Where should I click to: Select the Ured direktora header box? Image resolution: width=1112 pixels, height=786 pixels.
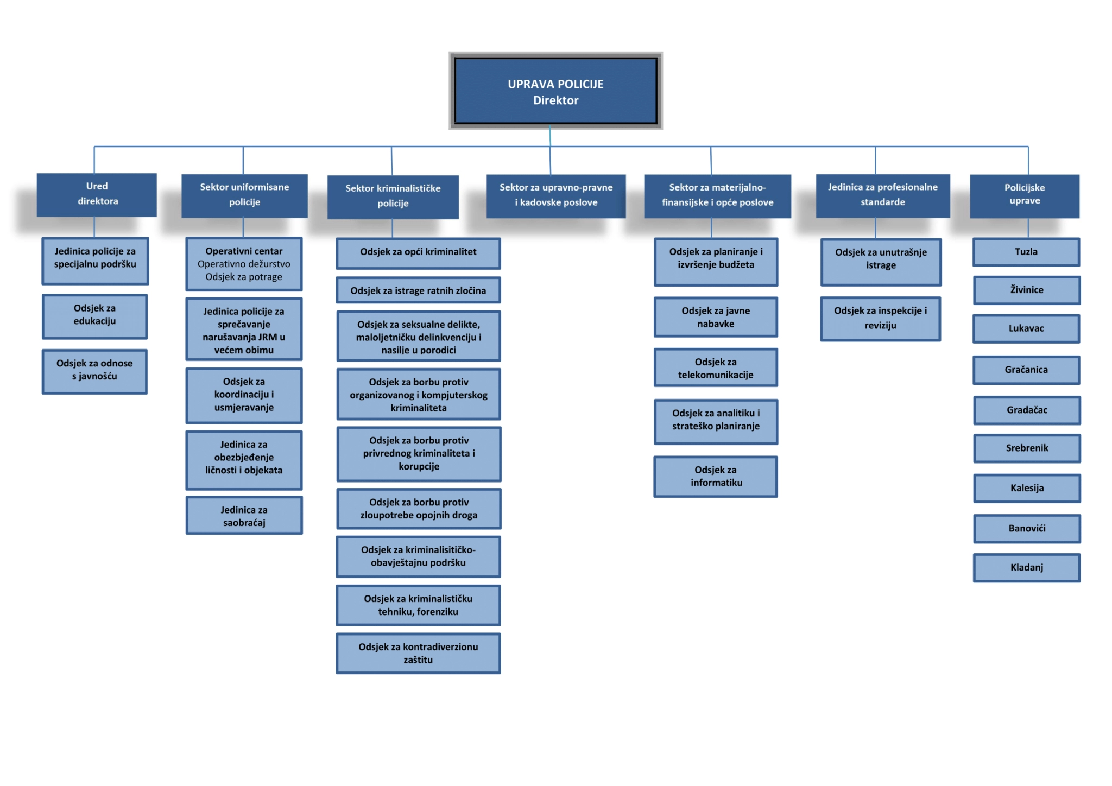click(x=97, y=194)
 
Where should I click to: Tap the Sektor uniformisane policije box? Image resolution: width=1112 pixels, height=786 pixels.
click(x=244, y=195)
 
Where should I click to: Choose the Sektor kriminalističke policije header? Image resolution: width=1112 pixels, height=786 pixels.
click(x=393, y=196)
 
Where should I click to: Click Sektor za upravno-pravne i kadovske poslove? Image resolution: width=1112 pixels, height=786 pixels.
click(x=555, y=195)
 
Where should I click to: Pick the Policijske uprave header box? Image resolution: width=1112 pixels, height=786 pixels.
click(x=1024, y=195)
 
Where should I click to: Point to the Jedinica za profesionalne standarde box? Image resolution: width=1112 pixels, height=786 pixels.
click(x=882, y=195)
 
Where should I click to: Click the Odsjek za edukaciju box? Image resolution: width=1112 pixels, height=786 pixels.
click(x=94, y=315)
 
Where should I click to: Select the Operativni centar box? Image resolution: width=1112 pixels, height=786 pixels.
click(x=244, y=264)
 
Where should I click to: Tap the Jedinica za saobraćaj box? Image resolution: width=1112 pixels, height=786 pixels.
click(x=244, y=516)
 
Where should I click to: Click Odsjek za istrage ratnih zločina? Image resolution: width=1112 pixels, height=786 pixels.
click(x=418, y=290)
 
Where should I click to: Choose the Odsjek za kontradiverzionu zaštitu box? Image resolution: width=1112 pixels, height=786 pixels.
click(x=418, y=653)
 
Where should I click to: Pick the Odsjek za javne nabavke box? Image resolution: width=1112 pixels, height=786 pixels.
click(x=716, y=317)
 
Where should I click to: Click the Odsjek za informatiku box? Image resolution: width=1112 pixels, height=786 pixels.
click(x=716, y=476)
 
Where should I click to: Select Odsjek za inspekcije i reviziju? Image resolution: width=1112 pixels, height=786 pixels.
click(x=880, y=318)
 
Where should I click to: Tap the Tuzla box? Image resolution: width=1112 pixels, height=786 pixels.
click(x=1026, y=252)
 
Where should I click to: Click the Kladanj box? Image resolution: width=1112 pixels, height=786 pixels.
click(x=1026, y=567)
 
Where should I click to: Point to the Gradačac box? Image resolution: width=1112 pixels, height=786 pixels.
click(x=1026, y=410)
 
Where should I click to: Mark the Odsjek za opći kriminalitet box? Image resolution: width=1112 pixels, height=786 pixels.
click(x=418, y=252)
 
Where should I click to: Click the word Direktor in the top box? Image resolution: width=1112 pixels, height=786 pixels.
click(x=555, y=100)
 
